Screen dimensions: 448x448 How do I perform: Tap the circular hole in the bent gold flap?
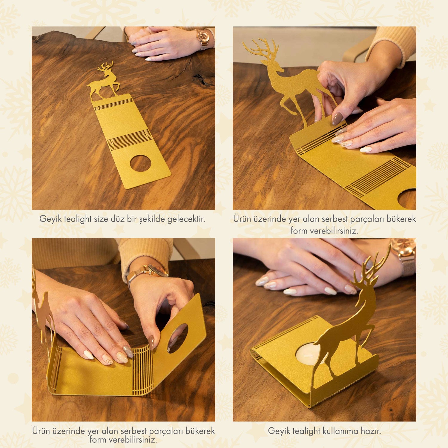click(178, 338)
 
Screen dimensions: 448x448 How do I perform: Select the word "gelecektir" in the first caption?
click(186, 219)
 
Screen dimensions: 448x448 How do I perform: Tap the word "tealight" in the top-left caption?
click(78, 219)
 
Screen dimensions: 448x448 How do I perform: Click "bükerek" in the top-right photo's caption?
click(401, 219)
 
